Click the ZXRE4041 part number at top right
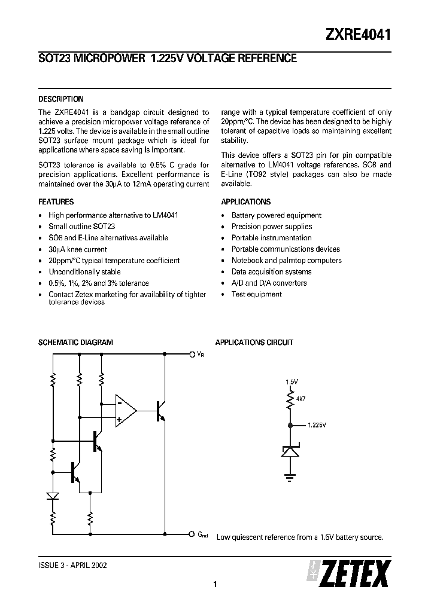(x=358, y=35)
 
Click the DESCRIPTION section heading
(x=60, y=99)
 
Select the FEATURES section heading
(x=56, y=202)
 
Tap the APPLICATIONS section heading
(x=245, y=202)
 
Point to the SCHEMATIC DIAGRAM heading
(x=75, y=343)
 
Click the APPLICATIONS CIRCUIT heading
(x=254, y=343)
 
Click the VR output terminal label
(x=200, y=355)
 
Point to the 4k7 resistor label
(x=300, y=398)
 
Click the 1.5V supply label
(x=292, y=381)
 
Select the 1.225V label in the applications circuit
(x=317, y=426)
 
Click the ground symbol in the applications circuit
(x=290, y=476)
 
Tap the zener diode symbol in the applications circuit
(x=290, y=451)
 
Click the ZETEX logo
(x=350, y=574)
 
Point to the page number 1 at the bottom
(x=214, y=585)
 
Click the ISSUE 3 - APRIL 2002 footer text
(x=73, y=565)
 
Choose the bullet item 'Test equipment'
(x=256, y=294)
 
